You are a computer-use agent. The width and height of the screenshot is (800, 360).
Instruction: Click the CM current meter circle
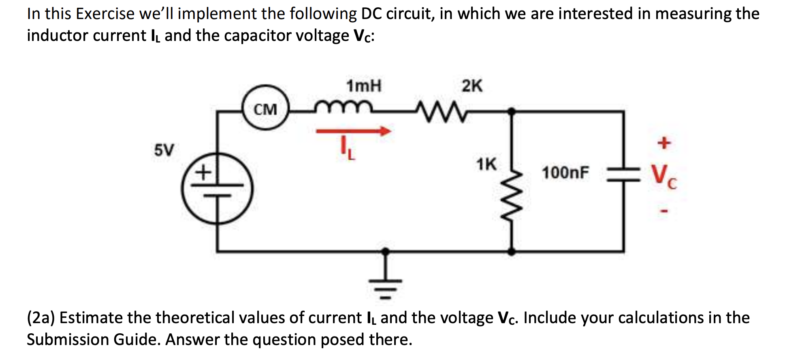266,108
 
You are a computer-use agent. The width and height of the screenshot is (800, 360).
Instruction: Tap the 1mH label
364,86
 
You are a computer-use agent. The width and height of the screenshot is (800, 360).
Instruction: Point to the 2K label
472,86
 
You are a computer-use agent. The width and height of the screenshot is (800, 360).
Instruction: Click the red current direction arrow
353,131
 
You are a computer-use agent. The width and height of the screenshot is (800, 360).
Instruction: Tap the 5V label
164,150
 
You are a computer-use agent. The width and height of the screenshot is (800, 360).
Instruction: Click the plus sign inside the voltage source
203,173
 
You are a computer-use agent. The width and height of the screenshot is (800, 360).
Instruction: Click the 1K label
486,164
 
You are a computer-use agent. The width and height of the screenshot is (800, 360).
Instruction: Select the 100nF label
565,173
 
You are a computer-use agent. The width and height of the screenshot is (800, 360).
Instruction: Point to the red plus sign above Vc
664,143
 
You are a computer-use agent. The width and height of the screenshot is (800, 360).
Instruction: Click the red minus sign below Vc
664,211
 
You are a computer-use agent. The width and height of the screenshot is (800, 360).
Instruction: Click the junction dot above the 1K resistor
512,111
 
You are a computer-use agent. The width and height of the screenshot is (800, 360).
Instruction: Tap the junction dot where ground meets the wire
385,251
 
